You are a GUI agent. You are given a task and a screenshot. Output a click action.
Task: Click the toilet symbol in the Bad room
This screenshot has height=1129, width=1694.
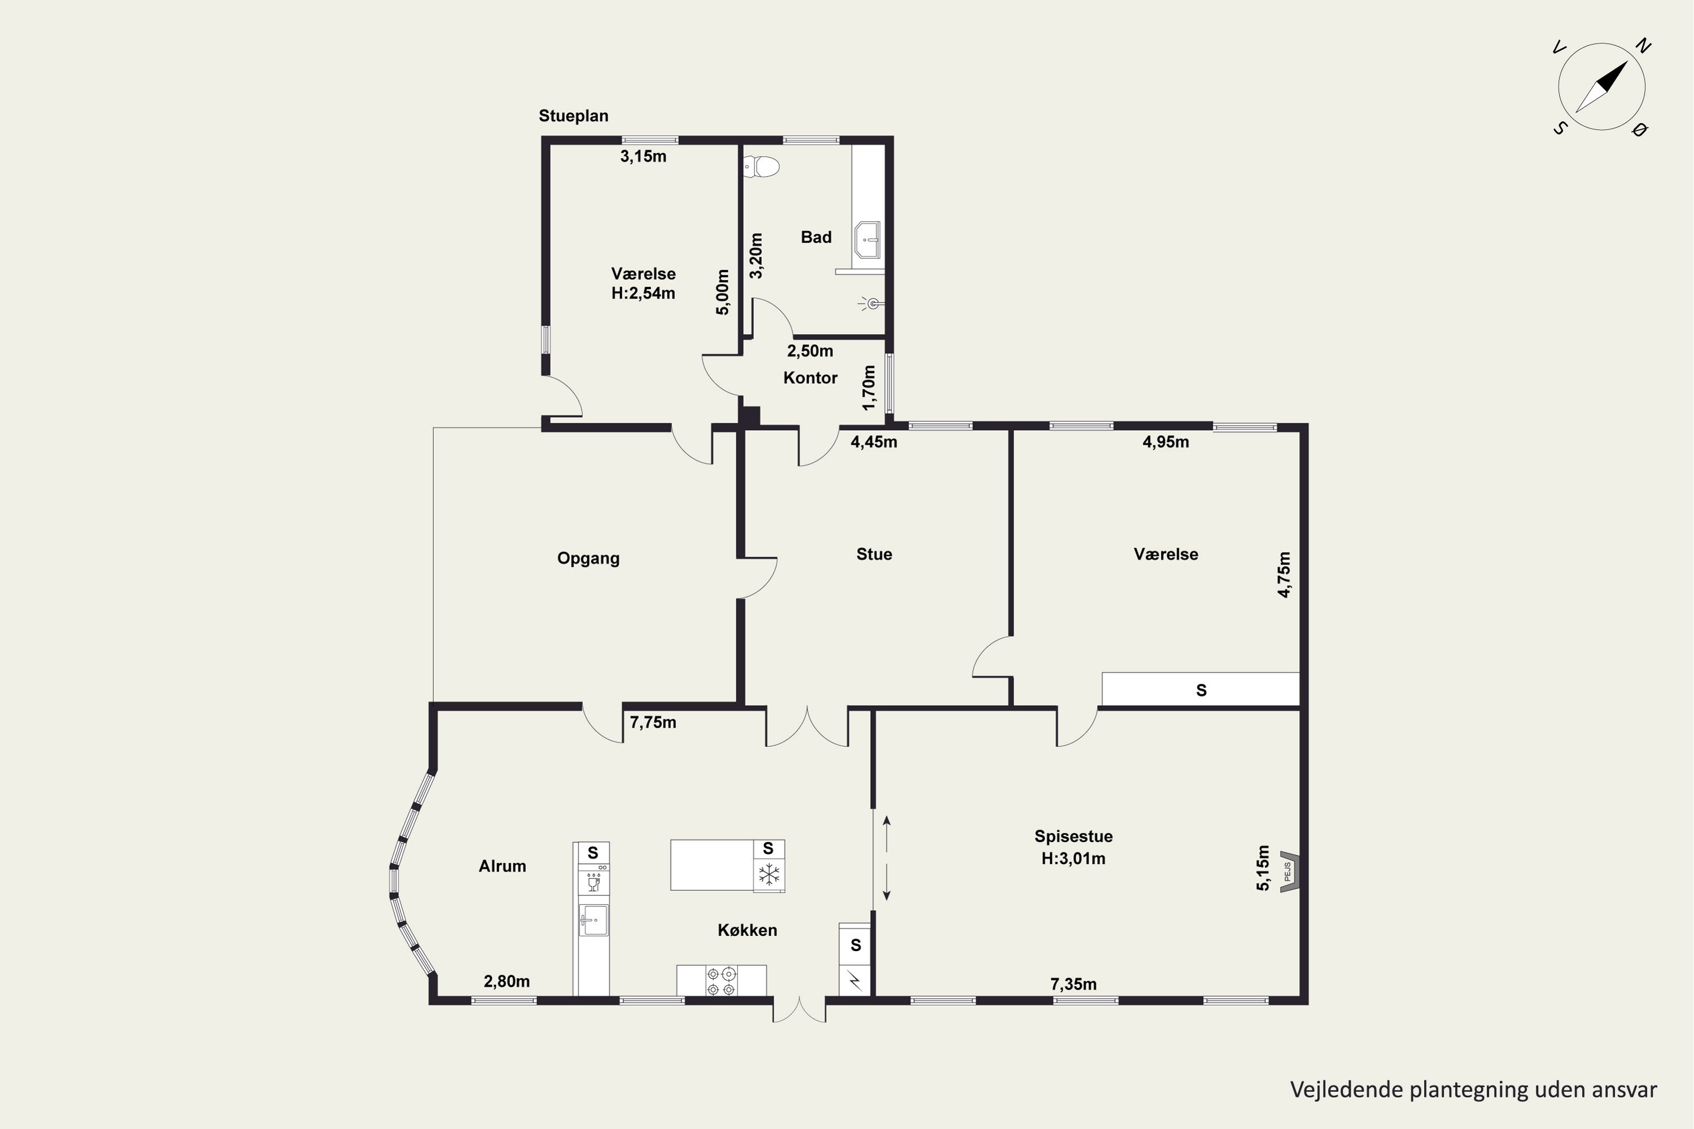coord(762,167)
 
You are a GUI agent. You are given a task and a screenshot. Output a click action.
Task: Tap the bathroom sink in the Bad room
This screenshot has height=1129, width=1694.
coord(867,240)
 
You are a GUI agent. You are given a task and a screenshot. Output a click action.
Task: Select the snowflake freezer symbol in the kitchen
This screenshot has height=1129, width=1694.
coord(769,876)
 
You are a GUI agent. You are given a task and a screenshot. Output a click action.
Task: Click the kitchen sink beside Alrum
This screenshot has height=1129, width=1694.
coord(593,921)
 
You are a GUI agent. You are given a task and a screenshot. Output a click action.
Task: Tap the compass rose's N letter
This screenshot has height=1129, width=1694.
coord(1642,46)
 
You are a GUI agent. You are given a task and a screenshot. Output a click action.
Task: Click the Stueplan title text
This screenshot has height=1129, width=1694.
coord(573,116)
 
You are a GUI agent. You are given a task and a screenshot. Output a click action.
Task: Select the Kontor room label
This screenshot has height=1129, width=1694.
coord(810,378)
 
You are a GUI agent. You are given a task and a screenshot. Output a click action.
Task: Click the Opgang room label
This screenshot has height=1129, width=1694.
coord(588,559)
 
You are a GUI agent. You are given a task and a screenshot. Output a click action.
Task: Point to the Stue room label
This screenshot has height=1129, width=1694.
coord(874,554)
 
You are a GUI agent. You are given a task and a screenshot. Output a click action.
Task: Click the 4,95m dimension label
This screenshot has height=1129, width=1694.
coord(1166,442)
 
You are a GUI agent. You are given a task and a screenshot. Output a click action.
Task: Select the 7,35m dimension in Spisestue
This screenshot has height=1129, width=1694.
coord(1074,984)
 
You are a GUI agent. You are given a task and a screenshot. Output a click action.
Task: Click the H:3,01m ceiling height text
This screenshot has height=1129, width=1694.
coord(1073,858)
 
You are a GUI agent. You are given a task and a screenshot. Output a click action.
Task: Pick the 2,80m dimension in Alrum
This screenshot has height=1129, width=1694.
coord(507,982)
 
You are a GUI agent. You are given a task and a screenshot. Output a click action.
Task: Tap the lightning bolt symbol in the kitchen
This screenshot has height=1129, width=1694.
coord(855,979)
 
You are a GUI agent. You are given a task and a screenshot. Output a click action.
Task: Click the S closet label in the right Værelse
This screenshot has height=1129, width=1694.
coord(1202,690)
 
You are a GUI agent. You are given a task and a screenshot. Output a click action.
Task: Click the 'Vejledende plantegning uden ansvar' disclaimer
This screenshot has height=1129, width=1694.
coord(1474,1090)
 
